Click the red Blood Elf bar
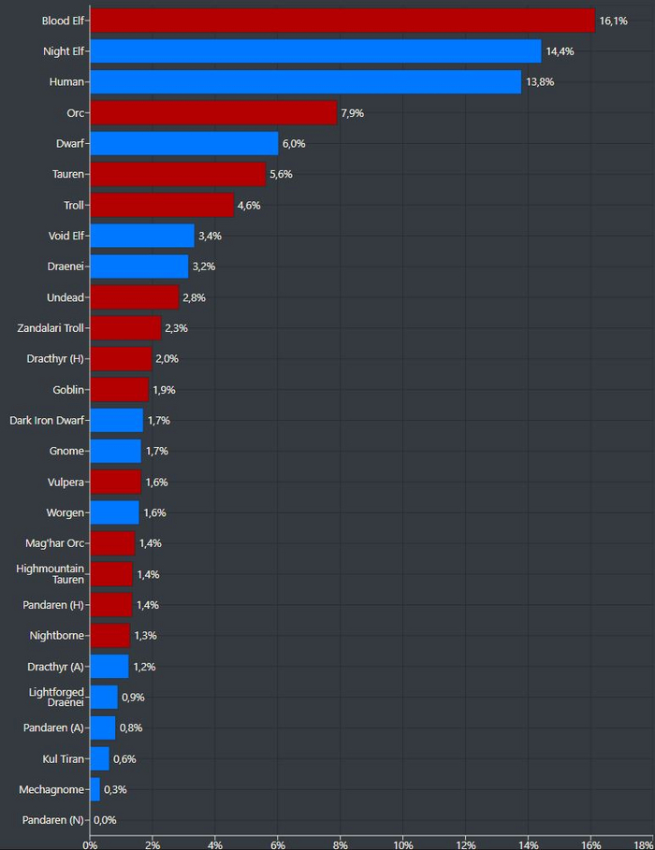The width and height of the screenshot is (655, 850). [342, 20]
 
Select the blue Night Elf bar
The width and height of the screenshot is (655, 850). [315, 50]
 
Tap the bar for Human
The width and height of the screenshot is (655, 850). [305, 81]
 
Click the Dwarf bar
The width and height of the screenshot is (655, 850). [183, 143]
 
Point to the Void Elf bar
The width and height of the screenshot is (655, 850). [142, 236]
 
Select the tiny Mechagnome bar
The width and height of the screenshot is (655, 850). [95, 789]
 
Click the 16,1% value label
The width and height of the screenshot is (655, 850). [613, 21]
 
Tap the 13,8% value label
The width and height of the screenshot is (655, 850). [540, 82]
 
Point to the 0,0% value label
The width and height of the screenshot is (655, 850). [106, 820]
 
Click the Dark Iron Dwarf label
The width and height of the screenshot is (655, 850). [48, 420]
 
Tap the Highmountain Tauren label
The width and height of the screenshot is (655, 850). [51, 573]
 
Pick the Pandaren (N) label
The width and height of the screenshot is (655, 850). [51, 820]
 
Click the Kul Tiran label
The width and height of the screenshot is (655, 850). [64, 758]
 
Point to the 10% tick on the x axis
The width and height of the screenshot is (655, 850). [403, 843]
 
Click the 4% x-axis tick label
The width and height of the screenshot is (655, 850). [215, 843]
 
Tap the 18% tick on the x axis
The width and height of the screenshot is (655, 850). [643, 843]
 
